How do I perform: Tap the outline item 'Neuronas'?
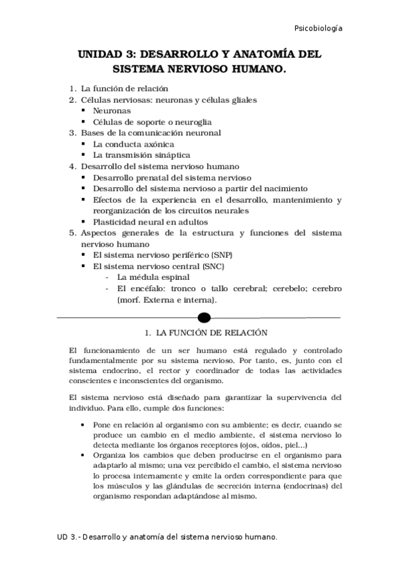(112, 111)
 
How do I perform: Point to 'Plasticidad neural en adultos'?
(151, 221)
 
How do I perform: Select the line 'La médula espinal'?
(153, 277)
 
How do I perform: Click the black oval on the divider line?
(204, 317)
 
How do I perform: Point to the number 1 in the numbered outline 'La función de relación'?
(72, 89)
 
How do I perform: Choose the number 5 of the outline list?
(72, 233)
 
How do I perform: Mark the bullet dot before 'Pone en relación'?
(81, 424)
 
